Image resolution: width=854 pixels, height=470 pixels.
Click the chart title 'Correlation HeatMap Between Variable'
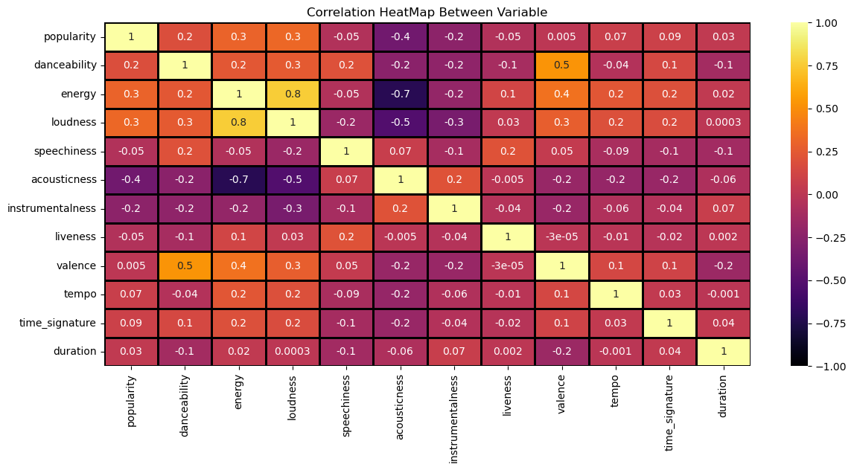(427, 12)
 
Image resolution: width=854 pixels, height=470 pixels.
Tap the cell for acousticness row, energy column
(239, 179)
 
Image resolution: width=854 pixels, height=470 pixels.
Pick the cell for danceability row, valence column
(562, 65)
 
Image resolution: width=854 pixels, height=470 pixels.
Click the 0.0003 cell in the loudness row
(724, 122)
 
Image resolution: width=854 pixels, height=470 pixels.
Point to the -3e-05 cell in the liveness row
(562, 236)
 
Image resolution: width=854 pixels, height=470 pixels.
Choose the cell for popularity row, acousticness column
(401, 36)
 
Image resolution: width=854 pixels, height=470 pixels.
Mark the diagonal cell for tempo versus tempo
(616, 294)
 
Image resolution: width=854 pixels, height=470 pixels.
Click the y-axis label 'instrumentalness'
(51, 208)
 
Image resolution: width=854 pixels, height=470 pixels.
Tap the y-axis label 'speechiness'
(66, 151)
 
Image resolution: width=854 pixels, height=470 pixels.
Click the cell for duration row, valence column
(562, 351)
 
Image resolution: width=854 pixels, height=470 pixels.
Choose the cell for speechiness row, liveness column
(508, 151)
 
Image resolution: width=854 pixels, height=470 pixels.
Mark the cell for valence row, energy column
(239, 265)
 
